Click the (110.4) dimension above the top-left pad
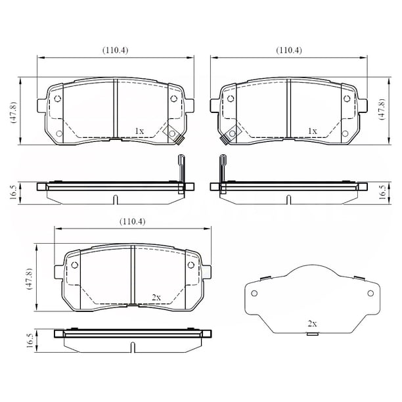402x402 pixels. (x=115, y=50)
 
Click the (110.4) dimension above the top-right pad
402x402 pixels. (x=288, y=50)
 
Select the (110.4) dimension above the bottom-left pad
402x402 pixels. (x=132, y=221)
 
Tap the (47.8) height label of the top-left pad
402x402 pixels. (x=13, y=112)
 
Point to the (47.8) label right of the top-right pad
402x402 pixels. (x=382, y=109)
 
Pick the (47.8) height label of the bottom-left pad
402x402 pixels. (x=30, y=279)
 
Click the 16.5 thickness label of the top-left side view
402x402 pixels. (x=13, y=192)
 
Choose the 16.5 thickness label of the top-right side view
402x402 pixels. (x=382, y=192)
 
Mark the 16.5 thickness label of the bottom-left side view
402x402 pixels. (x=30, y=341)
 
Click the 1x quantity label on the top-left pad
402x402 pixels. (x=139, y=131)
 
